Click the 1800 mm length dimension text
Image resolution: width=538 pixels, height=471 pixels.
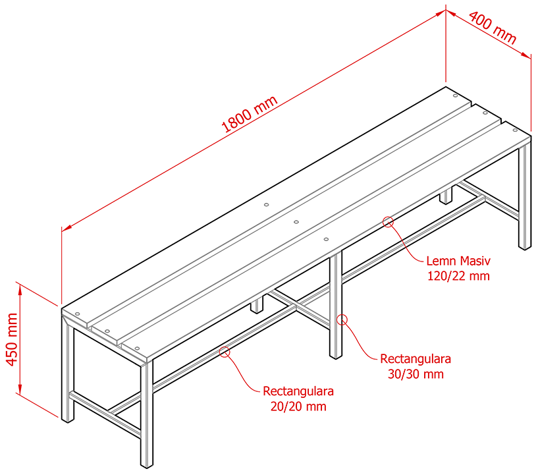click(250, 114)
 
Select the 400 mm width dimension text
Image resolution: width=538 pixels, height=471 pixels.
click(493, 30)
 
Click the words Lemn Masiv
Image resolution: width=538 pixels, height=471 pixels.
click(458, 261)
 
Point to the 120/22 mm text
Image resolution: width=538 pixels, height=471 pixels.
click(458, 275)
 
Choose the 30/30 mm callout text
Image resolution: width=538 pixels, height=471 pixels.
click(415, 374)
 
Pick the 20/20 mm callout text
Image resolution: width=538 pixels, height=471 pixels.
click(298, 406)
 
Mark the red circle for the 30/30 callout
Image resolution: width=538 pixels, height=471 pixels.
click(342, 320)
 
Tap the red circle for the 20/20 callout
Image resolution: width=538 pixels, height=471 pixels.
click(225, 352)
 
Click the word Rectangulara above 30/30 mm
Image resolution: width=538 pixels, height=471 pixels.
click(415, 360)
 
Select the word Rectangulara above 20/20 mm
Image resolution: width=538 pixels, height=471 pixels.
click(298, 391)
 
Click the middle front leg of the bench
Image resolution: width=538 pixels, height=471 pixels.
click(336, 303)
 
